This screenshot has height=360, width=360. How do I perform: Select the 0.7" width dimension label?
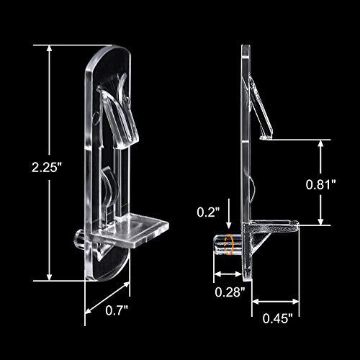coord(117,310)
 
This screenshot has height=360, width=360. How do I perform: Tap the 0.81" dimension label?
coord(320,184)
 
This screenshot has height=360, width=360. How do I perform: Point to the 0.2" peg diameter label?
coord(208,212)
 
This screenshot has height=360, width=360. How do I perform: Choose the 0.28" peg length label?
coord(230,292)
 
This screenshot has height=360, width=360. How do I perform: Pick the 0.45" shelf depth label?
coord(278,318)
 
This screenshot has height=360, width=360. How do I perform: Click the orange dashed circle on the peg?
coord(228,245)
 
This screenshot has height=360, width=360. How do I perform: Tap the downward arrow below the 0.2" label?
coord(229,213)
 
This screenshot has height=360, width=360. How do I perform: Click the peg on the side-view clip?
coord(228,245)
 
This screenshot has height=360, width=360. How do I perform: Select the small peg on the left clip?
coord(80,238)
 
